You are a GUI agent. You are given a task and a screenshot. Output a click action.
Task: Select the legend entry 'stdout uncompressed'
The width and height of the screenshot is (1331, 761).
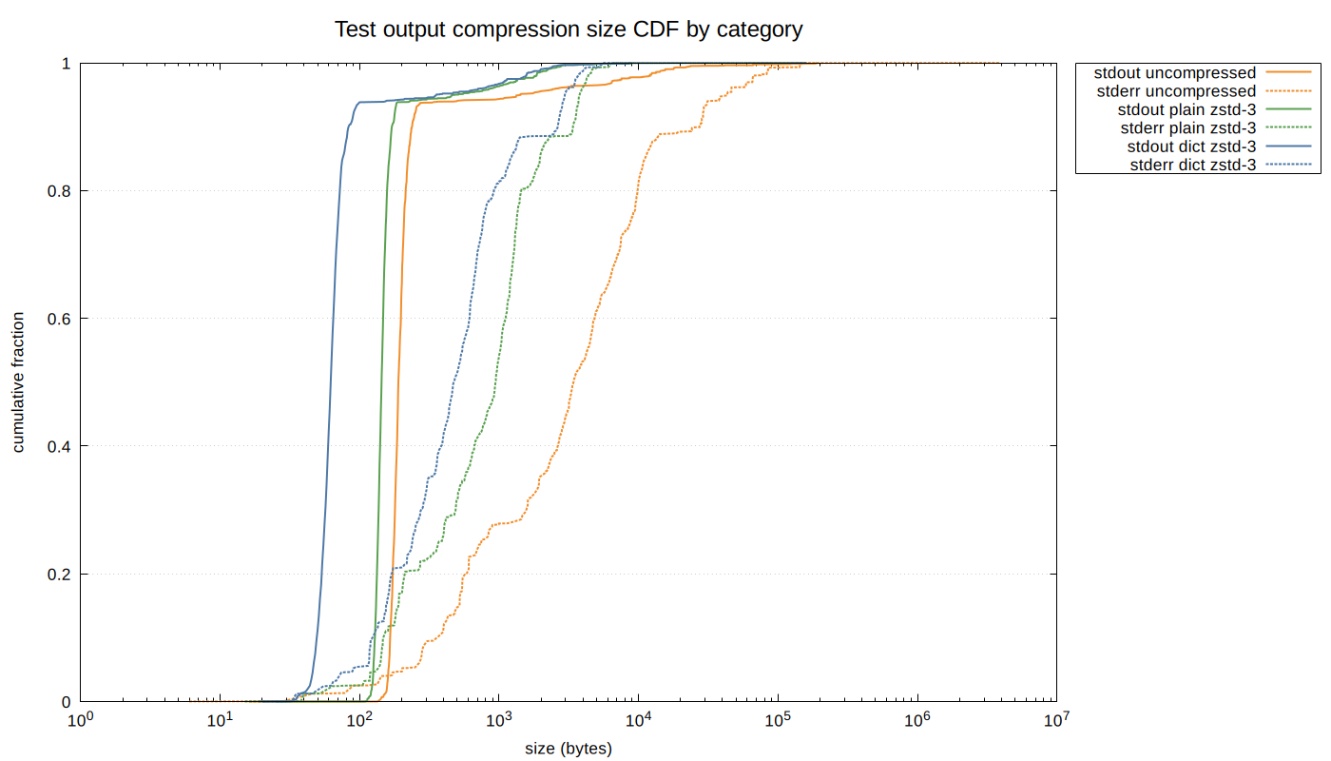pos(1175,72)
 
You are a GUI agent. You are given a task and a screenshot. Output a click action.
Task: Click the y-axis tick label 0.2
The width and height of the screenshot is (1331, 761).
pos(59,575)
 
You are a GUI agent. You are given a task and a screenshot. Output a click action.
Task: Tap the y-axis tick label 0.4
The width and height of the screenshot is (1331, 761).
pos(59,446)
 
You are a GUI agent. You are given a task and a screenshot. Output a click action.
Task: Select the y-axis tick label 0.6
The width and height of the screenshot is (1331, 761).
pos(59,319)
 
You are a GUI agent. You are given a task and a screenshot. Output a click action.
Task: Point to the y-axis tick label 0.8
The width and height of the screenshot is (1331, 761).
pos(59,191)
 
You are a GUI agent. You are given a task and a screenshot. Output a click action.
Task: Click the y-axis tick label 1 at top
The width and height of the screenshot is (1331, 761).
pos(67,64)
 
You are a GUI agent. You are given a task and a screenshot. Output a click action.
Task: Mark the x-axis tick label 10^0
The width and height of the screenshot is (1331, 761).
pos(81,721)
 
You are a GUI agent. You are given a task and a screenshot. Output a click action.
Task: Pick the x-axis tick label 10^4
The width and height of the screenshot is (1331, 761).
pos(638,721)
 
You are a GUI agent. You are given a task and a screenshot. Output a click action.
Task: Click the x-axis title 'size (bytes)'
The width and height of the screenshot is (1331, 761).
pos(569,749)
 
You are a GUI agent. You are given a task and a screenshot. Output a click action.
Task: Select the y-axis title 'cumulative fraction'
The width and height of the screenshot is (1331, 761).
pos(19,382)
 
